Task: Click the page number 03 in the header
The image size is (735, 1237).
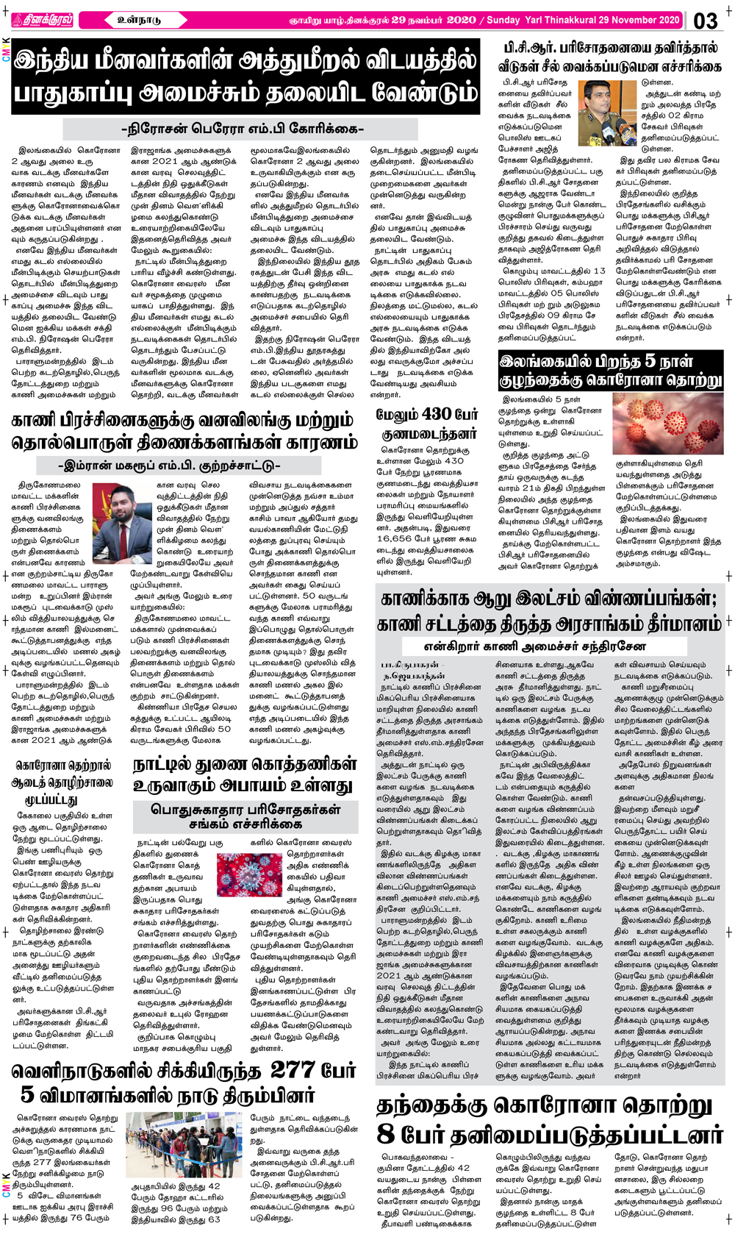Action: (x=706, y=20)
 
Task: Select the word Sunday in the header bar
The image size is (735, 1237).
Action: (x=503, y=20)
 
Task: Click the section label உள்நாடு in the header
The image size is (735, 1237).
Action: (x=139, y=20)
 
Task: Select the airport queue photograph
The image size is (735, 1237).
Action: (x=184, y=1145)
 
